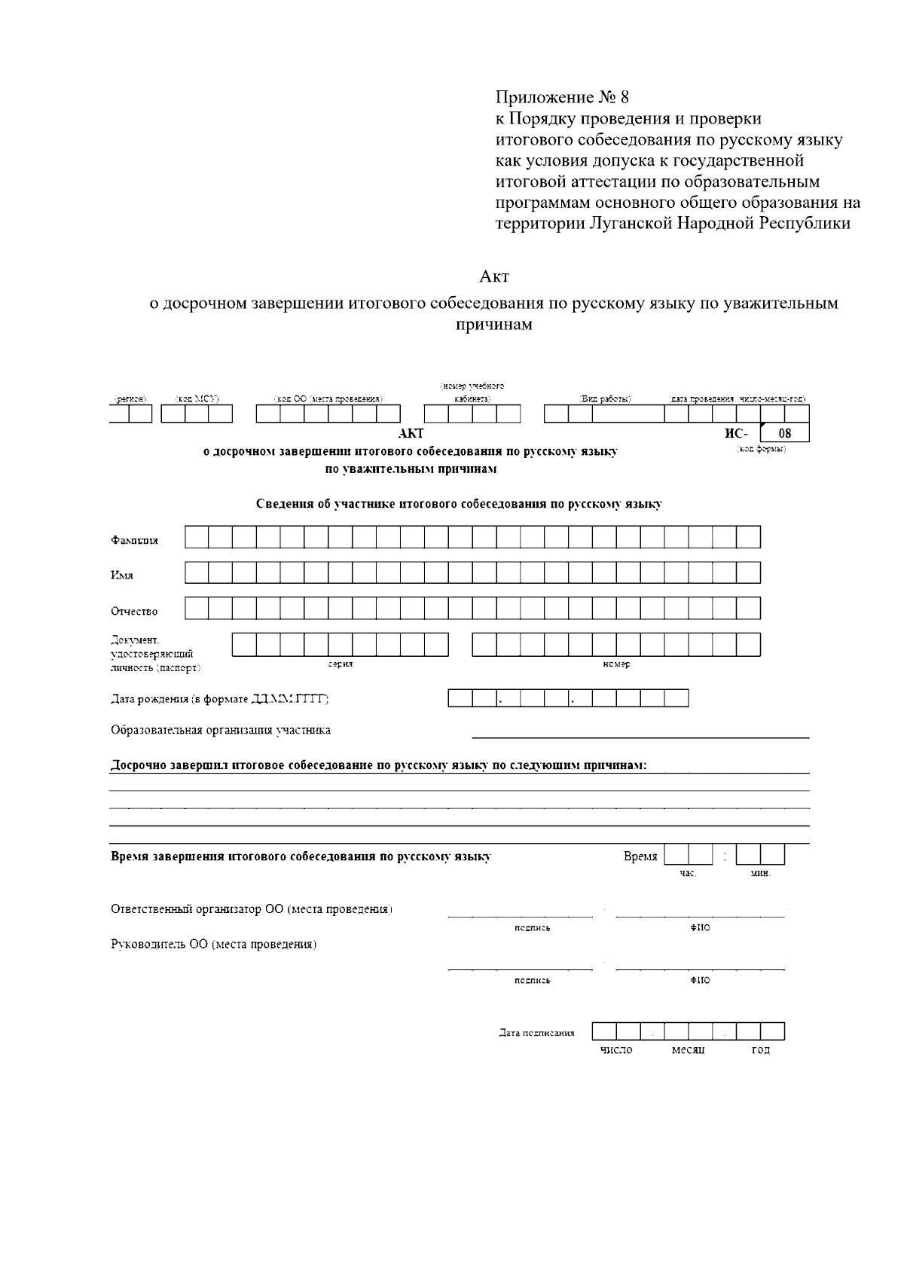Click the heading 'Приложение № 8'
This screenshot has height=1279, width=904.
click(x=561, y=98)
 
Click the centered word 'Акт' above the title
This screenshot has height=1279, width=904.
click(x=494, y=276)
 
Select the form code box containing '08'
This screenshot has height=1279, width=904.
click(x=784, y=433)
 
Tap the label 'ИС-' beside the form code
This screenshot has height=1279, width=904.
click(x=735, y=433)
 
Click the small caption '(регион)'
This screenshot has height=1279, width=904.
click(x=130, y=398)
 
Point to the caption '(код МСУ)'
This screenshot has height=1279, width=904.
click(x=197, y=398)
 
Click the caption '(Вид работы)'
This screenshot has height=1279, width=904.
click(x=604, y=398)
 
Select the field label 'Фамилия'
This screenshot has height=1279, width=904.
click(x=135, y=540)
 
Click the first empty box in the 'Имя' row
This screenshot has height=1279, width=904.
click(x=197, y=572)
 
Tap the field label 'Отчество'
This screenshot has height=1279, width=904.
click(x=135, y=611)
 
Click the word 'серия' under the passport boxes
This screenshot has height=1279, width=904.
click(x=341, y=664)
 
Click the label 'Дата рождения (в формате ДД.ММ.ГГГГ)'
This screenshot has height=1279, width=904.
click(x=220, y=699)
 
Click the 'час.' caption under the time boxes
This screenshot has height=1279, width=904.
click(x=688, y=873)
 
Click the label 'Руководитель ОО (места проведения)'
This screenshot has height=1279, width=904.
click(x=214, y=945)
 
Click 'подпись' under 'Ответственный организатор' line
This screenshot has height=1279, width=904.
click(x=532, y=928)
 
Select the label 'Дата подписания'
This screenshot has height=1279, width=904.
click(x=536, y=1033)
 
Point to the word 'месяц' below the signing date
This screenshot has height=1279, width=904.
click(x=688, y=1050)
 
